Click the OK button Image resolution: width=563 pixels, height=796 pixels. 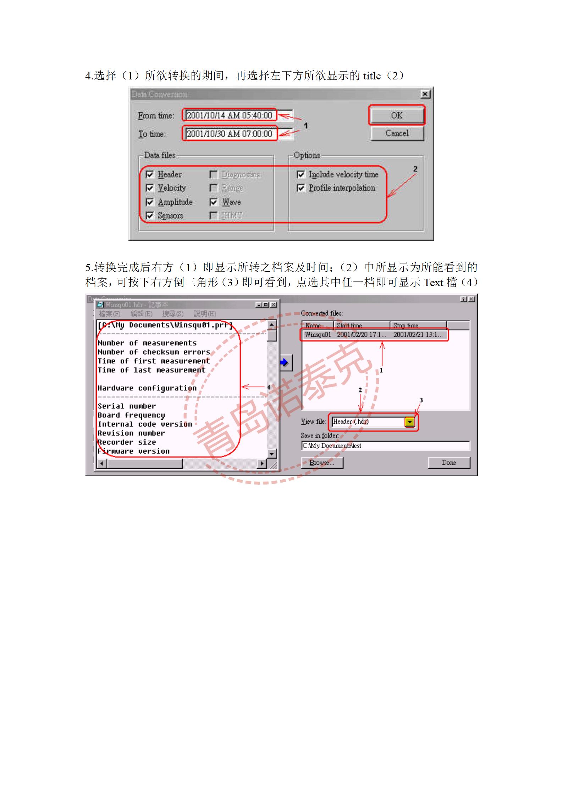click(x=397, y=115)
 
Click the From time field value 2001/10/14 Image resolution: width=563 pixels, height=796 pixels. click(x=229, y=115)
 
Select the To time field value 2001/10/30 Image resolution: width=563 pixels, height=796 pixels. click(x=229, y=134)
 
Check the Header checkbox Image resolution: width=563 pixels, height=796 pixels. click(x=150, y=174)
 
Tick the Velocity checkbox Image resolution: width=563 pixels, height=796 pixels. click(x=150, y=188)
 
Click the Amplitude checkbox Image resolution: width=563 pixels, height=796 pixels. click(x=150, y=202)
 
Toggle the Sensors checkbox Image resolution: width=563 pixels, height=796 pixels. click(x=150, y=216)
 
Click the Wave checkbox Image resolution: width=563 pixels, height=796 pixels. click(x=214, y=202)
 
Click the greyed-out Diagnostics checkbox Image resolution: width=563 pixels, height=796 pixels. click(x=214, y=174)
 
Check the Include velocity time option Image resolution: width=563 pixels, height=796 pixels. click(x=301, y=174)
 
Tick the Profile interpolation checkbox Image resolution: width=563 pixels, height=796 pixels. click(x=301, y=188)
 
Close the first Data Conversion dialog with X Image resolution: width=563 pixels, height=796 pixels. click(x=425, y=94)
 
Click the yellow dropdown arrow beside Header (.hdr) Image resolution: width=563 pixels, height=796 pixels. click(x=410, y=422)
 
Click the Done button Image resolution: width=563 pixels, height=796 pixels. click(x=449, y=463)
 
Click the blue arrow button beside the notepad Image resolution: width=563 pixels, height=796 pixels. click(x=285, y=362)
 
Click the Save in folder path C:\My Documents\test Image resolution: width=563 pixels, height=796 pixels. click(x=385, y=446)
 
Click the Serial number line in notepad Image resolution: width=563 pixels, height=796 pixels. click(x=127, y=406)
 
